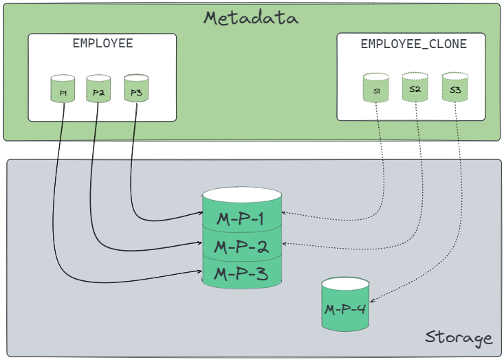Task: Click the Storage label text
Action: coord(459,337)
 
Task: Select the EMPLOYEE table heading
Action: coord(102,44)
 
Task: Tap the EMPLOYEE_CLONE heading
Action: coord(413,44)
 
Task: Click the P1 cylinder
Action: coord(63,90)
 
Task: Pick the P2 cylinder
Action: coord(98,89)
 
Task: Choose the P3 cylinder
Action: coord(135,89)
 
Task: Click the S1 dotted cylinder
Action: coord(377,89)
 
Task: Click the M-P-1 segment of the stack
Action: coord(241,219)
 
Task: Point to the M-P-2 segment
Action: coord(241,246)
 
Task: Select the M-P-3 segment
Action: coord(241,273)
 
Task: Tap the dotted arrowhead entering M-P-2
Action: coord(286,243)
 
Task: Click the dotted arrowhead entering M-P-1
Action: coord(286,214)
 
